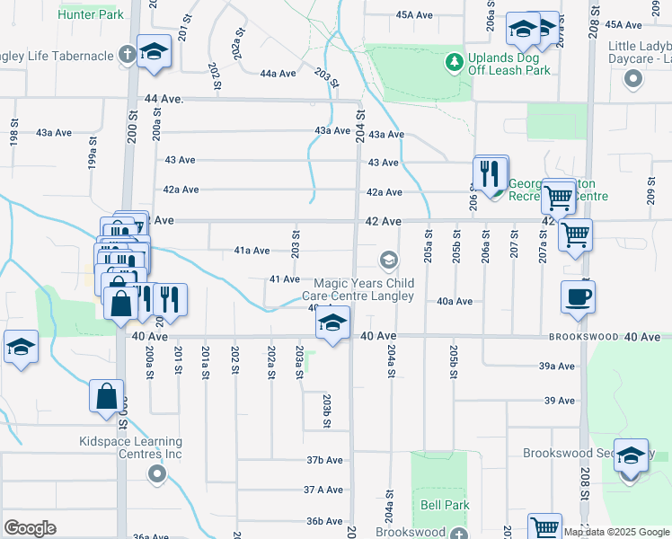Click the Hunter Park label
tap(90, 15)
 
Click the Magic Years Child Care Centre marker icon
tap(388, 261)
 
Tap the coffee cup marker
tap(577, 297)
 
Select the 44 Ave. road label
tap(162, 99)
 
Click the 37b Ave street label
tap(324, 460)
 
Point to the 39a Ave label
tap(556, 367)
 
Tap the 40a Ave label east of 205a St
tap(455, 302)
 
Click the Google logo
tap(30, 528)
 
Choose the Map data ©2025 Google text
tap(616, 532)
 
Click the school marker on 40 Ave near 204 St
tap(332, 323)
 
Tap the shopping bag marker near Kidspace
tap(106, 396)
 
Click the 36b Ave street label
tap(324, 521)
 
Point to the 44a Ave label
tap(279, 74)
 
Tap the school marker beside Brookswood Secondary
tap(632, 455)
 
